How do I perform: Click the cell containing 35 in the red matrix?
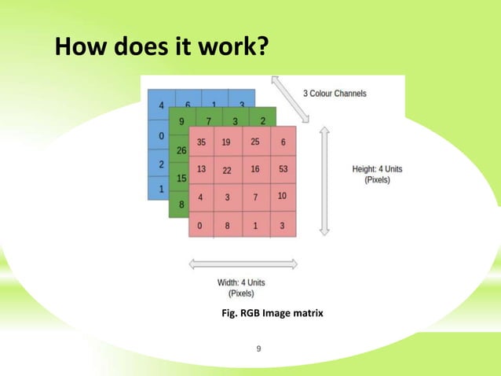pyautogui.click(x=203, y=143)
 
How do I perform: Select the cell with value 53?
pyautogui.click(x=282, y=169)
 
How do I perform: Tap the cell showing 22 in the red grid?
pyautogui.click(x=227, y=170)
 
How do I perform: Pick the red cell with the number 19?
pyautogui.click(x=226, y=143)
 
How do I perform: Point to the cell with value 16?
pyautogui.click(x=255, y=169)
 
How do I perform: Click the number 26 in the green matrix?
pyautogui.click(x=181, y=150)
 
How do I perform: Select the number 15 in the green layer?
pyautogui.click(x=181, y=178)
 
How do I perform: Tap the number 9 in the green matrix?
pyautogui.click(x=182, y=121)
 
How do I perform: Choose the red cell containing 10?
pyautogui.click(x=282, y=195)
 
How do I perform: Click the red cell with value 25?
pyautogui.click(x=255, y=142)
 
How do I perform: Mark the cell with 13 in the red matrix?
pyautogui.click(x=202, y=169)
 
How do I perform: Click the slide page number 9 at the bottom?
pyautogui.click(x=260, y=348)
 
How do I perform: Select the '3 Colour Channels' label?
pyautogui.click(x=334, y=94)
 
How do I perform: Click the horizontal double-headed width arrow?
pyautogui.click(x=243, y=264)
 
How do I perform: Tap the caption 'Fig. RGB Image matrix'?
pyautogui.click(x=273, y=315)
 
